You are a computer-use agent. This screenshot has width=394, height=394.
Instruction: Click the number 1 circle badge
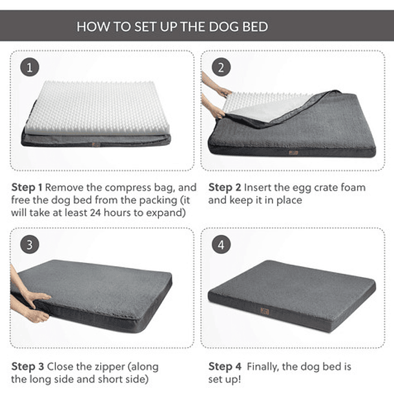pos(29,67)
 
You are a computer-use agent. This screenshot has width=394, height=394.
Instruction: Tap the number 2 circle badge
pos(221,67)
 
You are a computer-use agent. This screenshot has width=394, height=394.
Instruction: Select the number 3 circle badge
pos(29,244)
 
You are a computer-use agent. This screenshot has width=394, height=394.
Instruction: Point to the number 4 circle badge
pos(221,244)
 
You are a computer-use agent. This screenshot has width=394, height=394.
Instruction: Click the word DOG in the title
pos(222,27)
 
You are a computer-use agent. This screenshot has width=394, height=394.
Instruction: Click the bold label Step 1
pos(26,187)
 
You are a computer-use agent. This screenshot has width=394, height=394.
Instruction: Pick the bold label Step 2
pos(223,187)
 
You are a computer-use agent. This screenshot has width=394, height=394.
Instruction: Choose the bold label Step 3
pos(26,366)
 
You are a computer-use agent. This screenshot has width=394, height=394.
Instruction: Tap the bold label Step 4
pos(223,366)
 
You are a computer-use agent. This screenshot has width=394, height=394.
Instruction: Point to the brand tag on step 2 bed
pos(293,152)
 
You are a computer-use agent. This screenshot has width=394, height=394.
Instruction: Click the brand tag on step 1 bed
pos(96,144)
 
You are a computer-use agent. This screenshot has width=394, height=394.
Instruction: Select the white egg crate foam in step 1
pos(97,107)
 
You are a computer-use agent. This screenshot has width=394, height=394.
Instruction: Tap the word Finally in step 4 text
pos(272,366)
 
